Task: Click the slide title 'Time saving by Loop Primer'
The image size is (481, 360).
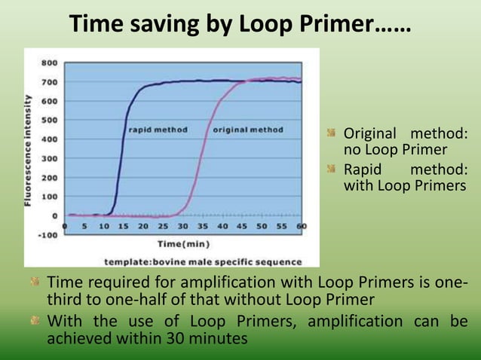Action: pos(240,25)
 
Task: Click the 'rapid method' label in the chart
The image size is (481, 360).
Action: pos(158,130)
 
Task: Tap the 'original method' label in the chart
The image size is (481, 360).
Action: pos(248,130)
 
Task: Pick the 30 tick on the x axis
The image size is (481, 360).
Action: pos(183,225)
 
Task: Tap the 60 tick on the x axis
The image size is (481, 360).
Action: pos(302,225)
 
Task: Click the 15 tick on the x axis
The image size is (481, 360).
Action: pos(124,225)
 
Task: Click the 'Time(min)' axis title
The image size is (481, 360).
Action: pos(183,243)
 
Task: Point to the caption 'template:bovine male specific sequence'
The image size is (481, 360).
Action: pos(203,261)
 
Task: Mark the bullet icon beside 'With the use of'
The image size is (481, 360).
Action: pos(35,322)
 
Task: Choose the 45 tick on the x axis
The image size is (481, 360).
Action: pos(243,225)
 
